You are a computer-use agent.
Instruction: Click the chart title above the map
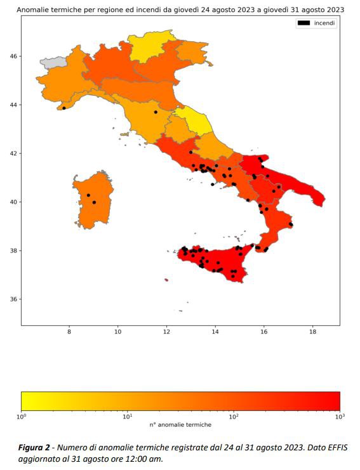(180, 10)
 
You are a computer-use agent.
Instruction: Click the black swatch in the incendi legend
(303, 23)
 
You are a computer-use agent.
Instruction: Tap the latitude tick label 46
(13, 56)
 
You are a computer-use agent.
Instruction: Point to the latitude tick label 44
(13, 105)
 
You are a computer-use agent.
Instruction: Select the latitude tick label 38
(13, 251)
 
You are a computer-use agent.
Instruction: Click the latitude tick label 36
(13, 299)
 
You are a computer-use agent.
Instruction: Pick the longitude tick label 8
(69, 332)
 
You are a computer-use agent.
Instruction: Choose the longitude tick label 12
(166, 332)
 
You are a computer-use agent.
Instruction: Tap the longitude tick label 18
(312, 332)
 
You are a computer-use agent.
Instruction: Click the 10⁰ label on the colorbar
(22, 417)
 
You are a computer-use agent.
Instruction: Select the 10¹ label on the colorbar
(127, 417)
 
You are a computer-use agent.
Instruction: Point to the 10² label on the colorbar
(234, 417)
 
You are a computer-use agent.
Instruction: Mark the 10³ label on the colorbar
(339, 417)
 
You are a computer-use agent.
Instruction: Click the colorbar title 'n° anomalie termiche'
(180, 424)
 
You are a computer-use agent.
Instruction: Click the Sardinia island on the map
(90, 200)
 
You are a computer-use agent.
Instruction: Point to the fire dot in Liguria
(64, 108)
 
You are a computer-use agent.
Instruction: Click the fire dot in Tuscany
(156, 112)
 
